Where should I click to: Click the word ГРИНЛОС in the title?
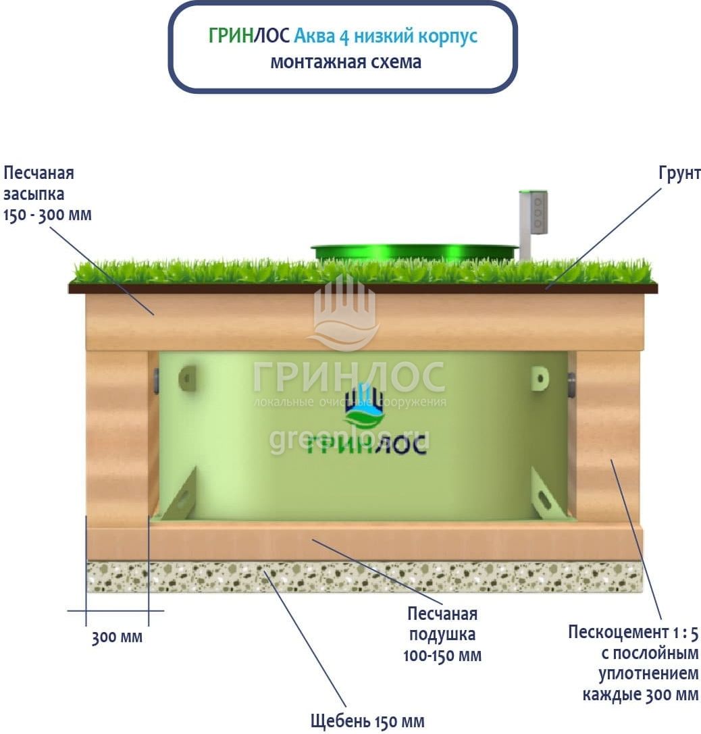tap(249, 36)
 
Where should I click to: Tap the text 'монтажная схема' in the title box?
tap(345, 62)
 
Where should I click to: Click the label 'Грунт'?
tap(679, 174)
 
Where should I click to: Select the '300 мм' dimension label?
tap(118, 637)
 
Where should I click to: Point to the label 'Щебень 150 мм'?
tap(367, 721)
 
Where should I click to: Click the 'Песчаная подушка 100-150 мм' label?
tap(442, 634)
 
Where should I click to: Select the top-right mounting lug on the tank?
tap(539, 377)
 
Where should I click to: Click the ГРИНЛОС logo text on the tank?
tap(366, 444)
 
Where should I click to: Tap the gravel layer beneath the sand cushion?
tap(365, 576)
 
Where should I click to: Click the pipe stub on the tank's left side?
tap(156, 382)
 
